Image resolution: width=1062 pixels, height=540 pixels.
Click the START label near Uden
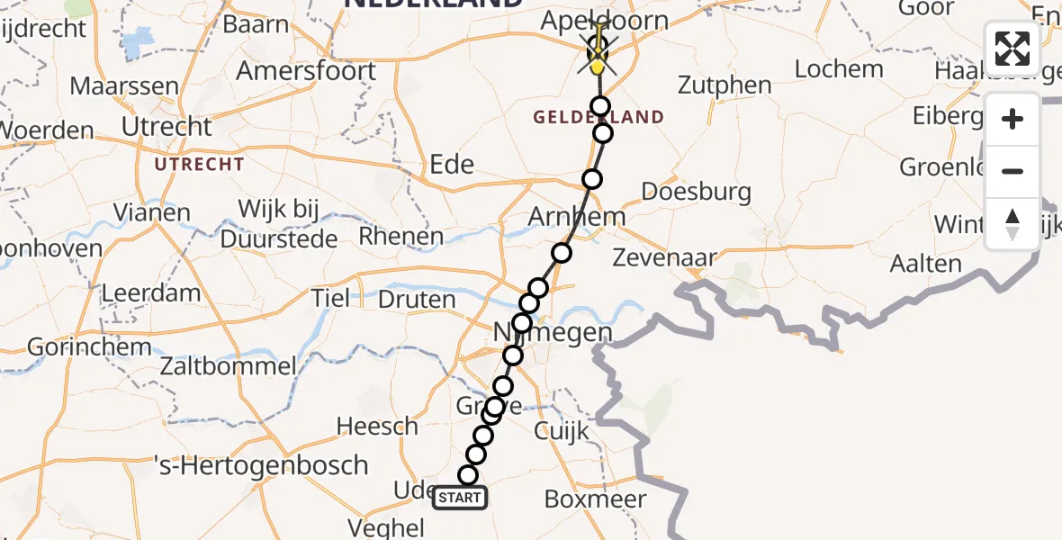point(460,498)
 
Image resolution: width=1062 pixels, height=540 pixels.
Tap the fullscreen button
point(1012,49)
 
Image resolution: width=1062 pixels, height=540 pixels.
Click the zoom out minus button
point(1012,172)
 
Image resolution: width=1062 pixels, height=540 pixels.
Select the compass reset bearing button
point(1012,224)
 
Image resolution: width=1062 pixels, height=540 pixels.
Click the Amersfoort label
point(306,69)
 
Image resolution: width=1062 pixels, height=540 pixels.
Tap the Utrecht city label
point(167,126)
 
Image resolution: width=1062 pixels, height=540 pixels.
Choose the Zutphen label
point(724,85)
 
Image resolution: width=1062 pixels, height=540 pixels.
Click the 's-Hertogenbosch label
point(262,466)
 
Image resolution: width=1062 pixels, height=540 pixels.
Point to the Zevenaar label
point(664,257)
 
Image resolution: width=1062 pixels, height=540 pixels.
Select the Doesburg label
point(696,191)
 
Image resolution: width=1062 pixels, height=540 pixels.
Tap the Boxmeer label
point(595,499)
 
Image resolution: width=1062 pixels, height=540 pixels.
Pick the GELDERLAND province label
point(598,117)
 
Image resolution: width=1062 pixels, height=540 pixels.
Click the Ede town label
point(452,164)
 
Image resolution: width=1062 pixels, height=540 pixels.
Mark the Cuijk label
point(562,431)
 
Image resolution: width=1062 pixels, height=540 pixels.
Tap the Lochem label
point(840,68)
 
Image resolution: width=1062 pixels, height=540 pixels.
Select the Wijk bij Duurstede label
point(279,224)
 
